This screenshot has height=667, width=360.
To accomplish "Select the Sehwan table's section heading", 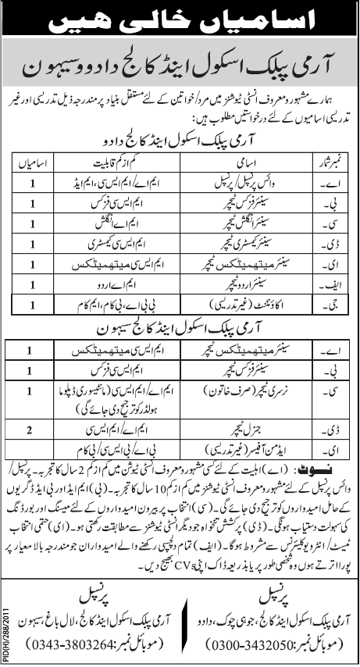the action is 180,319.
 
